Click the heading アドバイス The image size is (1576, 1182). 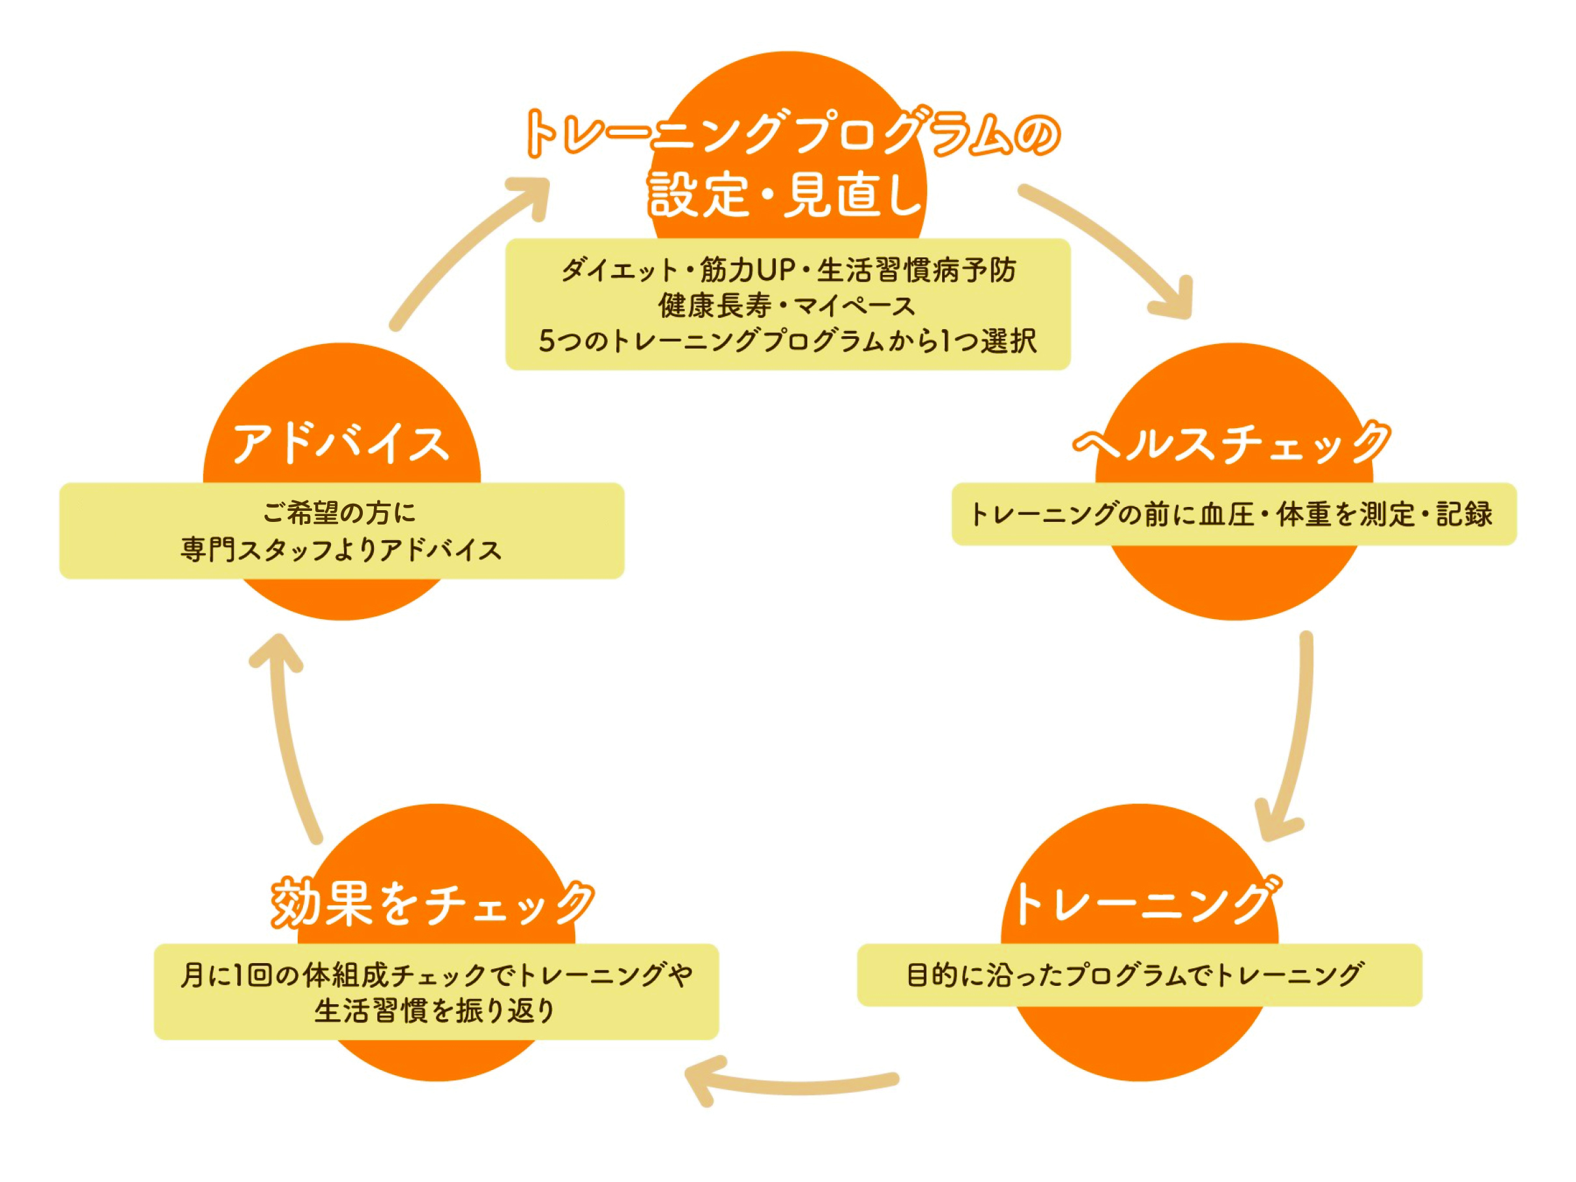(x=341, y=443)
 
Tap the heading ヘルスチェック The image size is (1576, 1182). (x=1231, y=443)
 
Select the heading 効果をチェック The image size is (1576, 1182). (x=433, y=903)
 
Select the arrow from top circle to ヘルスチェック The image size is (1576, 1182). (x=1111, y=246)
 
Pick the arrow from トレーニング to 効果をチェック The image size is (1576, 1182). (x=791, y=1084)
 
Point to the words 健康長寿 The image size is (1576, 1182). (x=715, y=306)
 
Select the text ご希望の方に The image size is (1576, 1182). (x=339, y=512)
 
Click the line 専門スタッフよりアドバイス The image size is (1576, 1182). (x=341, y=549)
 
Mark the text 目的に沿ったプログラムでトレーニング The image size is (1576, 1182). (x=1135, y=974)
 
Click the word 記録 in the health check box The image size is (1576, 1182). (x=1464, y=513)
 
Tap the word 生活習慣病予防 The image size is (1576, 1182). (x=917, y=270)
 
